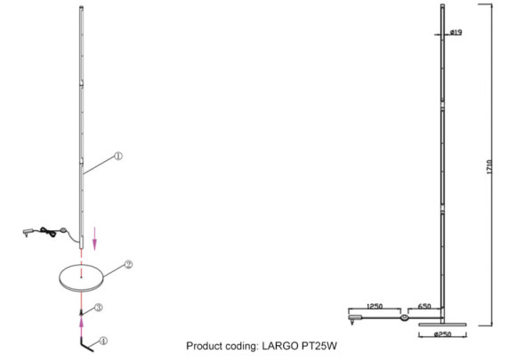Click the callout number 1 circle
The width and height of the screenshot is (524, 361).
118,156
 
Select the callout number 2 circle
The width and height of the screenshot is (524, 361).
129,265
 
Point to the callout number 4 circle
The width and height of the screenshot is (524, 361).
103,340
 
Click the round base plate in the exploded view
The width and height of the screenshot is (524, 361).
83,277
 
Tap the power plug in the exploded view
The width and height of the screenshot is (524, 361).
25,234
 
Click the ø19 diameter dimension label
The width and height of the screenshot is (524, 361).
455,32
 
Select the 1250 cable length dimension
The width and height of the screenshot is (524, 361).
374,306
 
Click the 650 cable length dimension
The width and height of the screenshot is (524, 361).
424,306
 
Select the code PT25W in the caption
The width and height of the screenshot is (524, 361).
318,346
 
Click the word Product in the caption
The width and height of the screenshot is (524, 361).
206,346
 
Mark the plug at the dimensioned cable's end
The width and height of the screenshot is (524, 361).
355,315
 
